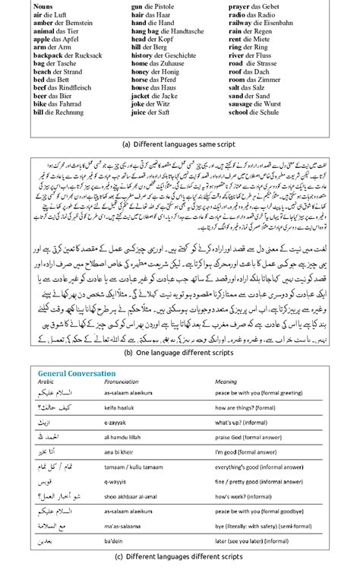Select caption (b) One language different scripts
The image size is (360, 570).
tap(179, 353)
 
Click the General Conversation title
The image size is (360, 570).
tap(77, 374)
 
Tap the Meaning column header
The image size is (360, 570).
tap(238, 382)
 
